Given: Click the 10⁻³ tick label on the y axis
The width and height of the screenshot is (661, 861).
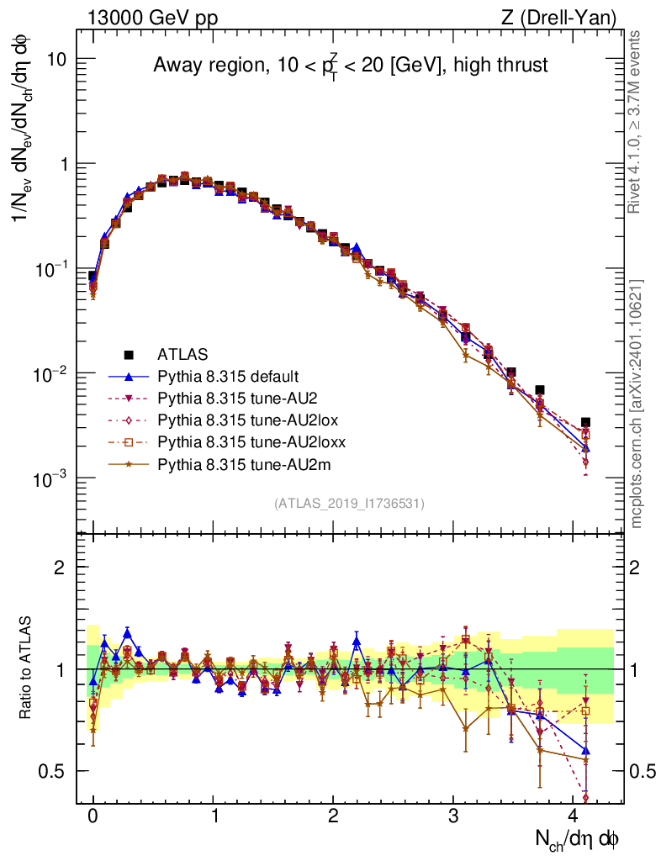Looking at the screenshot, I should pos(52,478).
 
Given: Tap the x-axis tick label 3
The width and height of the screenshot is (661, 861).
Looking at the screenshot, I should pos(453,816).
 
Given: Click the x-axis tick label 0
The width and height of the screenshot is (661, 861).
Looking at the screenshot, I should pos(93,816).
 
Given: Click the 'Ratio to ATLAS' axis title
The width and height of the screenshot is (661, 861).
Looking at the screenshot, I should pos(28,668).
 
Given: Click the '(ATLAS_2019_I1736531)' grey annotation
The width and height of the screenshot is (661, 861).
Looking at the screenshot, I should pos(349,504).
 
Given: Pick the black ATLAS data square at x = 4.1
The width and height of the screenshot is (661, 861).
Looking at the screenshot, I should pos(585,422).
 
